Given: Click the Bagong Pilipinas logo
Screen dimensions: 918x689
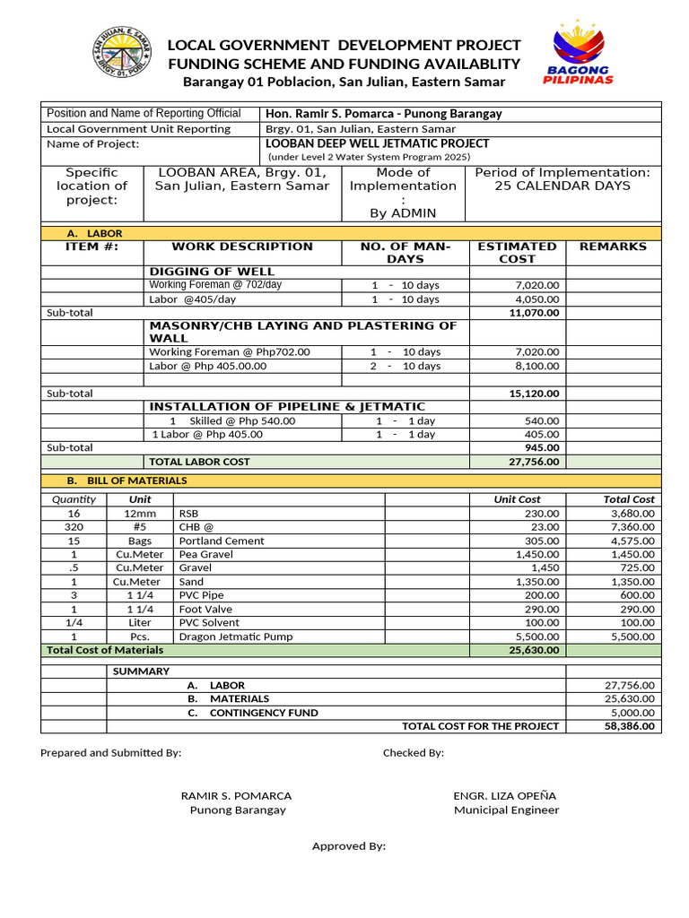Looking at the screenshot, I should [578, 55].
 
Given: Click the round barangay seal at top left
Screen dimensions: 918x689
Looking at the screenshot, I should [122, 55].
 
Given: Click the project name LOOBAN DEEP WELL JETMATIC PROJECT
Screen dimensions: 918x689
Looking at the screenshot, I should [378, 143].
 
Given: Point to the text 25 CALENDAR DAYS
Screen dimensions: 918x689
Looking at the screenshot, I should [563, 186].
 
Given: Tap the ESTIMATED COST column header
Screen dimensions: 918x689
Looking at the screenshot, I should [517, 252].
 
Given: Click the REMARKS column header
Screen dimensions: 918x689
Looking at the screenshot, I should [613, 247].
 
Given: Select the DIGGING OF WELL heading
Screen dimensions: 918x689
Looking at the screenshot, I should [212, 272].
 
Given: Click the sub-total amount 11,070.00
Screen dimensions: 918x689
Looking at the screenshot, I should [534, 313].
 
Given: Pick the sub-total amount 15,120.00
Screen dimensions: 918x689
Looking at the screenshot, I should [534, 394].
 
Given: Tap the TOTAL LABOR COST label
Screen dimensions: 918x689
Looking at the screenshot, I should [199, 462].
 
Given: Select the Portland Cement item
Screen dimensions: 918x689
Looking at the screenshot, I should [222, 541].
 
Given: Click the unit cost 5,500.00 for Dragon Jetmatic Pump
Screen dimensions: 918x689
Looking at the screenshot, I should [538, 636].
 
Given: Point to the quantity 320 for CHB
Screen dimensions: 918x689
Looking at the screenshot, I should [74, 527].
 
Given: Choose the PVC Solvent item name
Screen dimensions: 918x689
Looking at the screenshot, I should [210, 622].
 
